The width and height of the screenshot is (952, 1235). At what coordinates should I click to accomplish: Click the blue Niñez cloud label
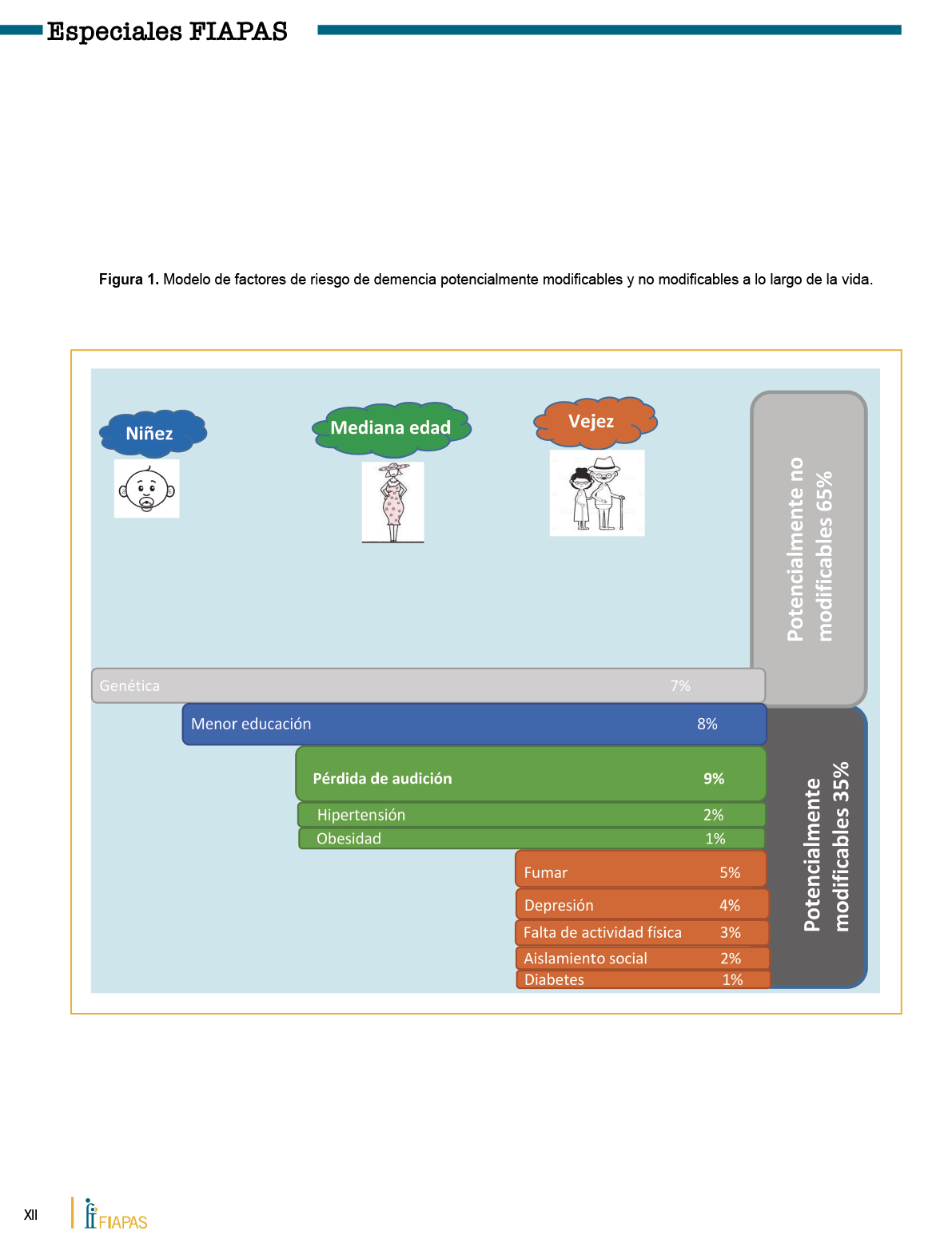[x=152, y=433]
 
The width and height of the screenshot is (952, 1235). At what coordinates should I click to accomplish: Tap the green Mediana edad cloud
[x=390, y=428]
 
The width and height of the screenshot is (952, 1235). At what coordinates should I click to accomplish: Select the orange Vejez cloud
[x=594, y=421]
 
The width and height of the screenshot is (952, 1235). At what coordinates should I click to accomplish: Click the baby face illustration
[x=146, y=489]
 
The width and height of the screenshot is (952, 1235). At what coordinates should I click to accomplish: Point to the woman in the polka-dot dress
[x=392, y=502]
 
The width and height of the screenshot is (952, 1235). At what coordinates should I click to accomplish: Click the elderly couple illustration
[x=596, y=493]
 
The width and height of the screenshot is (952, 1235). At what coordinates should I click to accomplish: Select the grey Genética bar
[x=428, y=685]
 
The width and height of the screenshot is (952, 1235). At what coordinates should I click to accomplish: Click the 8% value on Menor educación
[x=707, y=724]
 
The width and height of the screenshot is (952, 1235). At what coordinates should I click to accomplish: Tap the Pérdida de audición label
[x=382, y=778]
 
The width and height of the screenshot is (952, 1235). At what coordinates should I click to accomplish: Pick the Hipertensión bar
[x=531, y=815]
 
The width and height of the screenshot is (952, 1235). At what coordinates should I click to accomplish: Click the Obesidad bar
[x=531, y=838]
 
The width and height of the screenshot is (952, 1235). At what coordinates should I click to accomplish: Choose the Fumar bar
[x=639, y=871]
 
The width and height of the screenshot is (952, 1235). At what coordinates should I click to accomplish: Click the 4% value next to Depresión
[x=730, y=905]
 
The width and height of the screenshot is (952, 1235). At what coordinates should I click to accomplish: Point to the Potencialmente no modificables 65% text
[x=810, y=549]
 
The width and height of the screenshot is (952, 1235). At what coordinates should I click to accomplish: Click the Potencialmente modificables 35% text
[x=827, y=847]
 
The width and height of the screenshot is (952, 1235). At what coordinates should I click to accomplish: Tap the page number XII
[x=30, y=1215]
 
